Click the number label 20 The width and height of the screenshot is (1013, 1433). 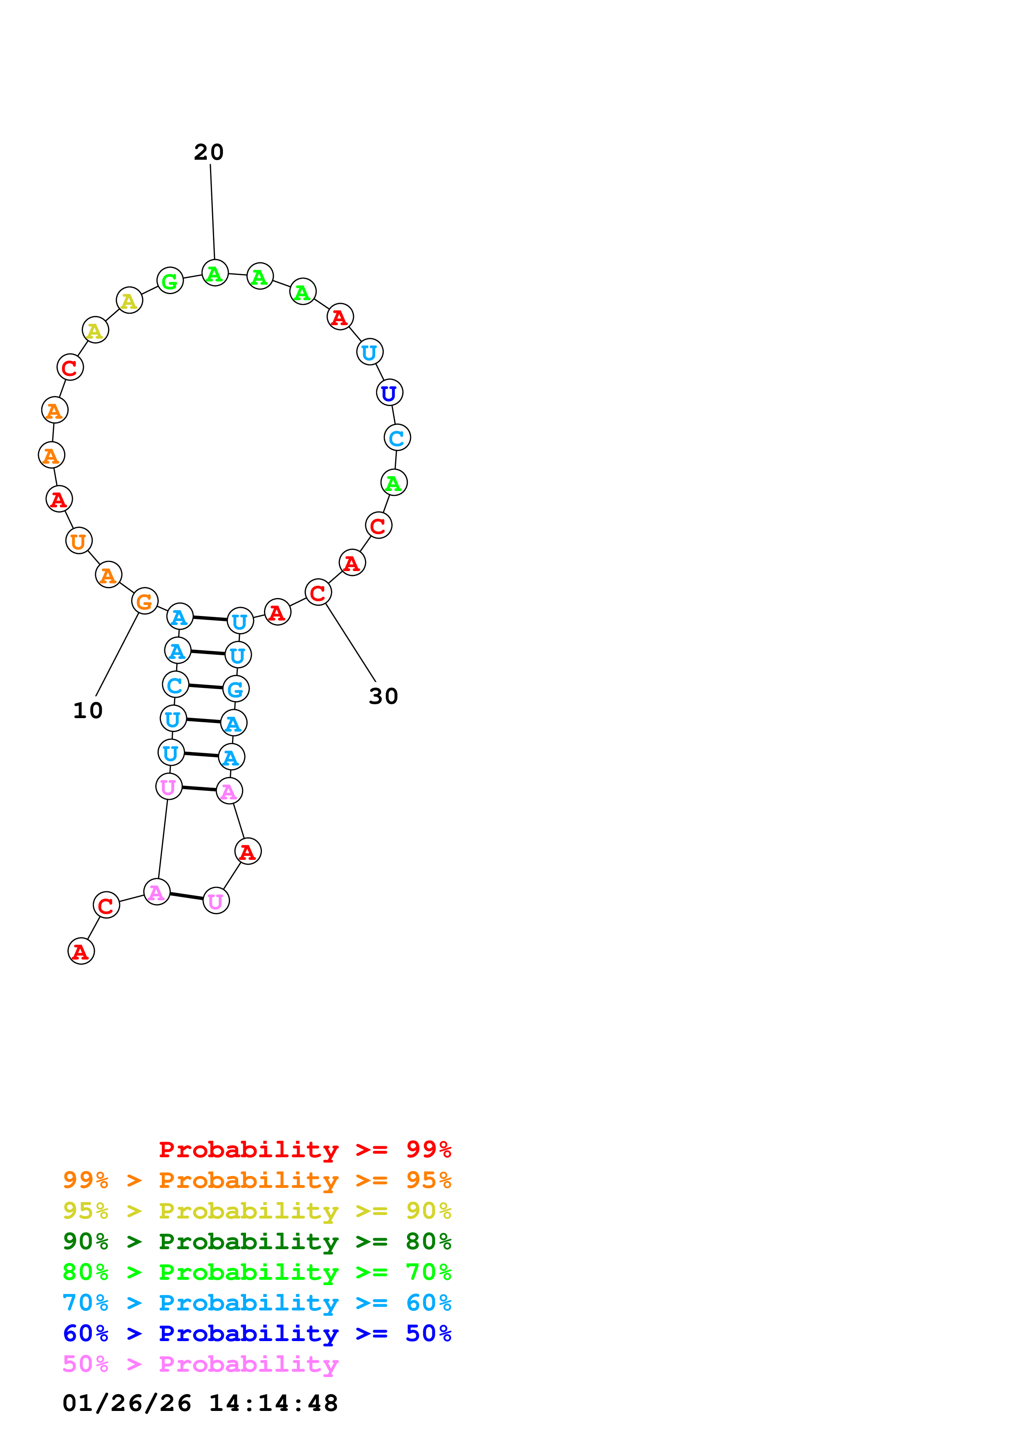[x=208, y=152]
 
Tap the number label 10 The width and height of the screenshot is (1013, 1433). [x=87, y=711]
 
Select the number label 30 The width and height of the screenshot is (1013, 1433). [x=383, y=696]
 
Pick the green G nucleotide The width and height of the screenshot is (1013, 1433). [x=170, y=281]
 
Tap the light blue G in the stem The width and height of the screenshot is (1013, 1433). [x=236, y=689]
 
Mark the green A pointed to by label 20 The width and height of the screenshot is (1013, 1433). [x=215, y=273]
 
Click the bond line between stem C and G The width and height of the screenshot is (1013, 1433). [x=206, y=687]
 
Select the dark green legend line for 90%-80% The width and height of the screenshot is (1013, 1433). [x=257, y=1241]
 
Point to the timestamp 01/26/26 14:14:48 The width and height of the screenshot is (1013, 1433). [x=200, y=1403]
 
